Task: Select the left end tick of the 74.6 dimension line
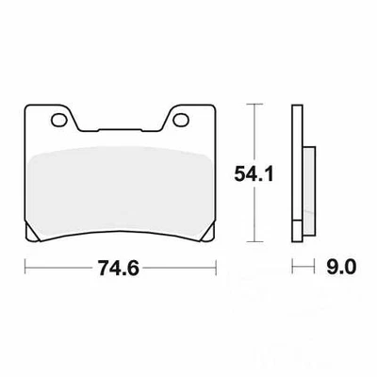23,267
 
